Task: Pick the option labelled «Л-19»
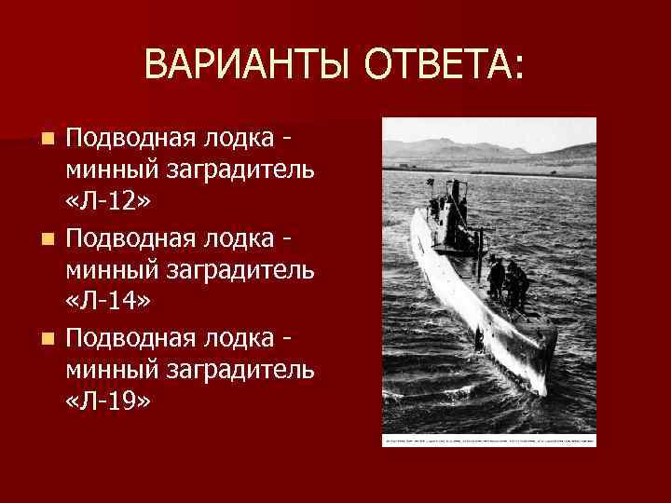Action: [108, 401]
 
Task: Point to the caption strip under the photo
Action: [489, 438]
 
